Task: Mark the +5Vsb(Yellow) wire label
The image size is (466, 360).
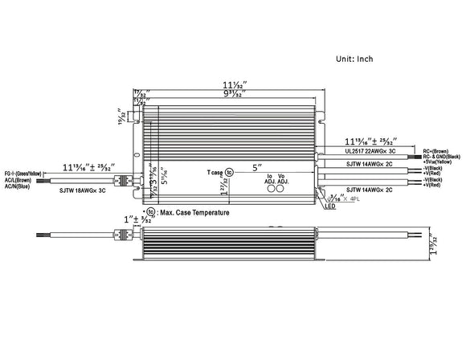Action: point(439,162)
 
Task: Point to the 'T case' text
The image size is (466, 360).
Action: point(214,172)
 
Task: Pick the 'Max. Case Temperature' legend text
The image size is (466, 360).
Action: point(194,213)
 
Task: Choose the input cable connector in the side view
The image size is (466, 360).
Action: point(124,236)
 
